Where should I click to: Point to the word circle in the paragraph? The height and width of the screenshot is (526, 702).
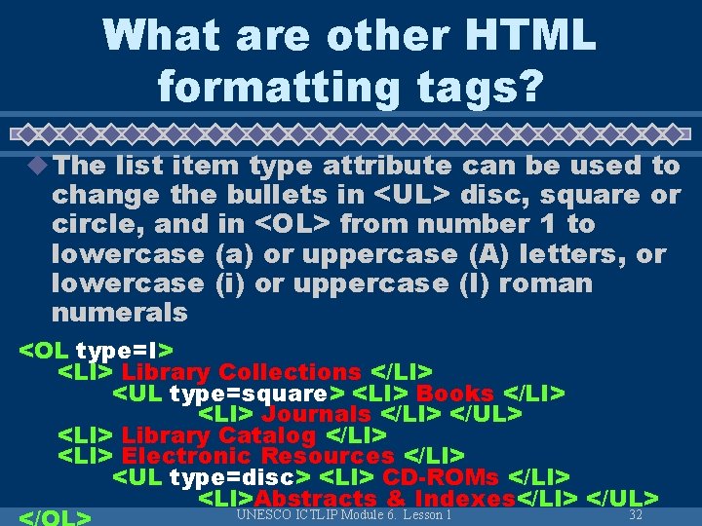[x=90, y=225]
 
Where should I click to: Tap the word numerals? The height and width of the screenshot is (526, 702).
[x=119, y=313]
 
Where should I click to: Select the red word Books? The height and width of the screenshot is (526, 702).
[x=455, y=394]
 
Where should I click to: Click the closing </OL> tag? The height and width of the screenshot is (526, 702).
[x=56, y=516]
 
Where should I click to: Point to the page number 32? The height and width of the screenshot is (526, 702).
[x=636, y=514]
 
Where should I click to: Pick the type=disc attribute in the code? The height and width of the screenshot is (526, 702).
[x=240, y=477]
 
